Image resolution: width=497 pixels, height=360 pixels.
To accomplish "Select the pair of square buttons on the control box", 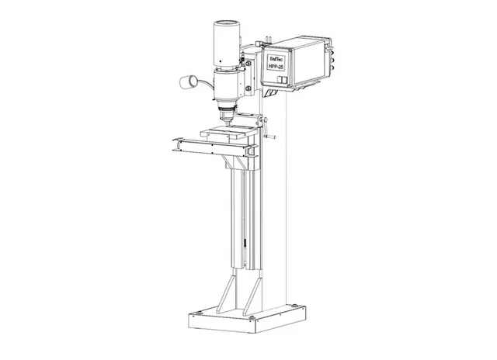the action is pos(281,79).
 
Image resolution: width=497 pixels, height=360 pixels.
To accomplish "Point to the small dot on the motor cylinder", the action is pos(221,61).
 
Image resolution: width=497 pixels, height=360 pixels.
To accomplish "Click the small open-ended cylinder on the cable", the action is pos(188,82).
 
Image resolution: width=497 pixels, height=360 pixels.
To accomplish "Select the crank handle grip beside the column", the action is pos(270,137).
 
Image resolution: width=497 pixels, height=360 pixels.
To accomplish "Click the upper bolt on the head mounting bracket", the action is pos(248,64).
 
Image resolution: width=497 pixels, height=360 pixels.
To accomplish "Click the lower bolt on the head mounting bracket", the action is pos(248,88).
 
